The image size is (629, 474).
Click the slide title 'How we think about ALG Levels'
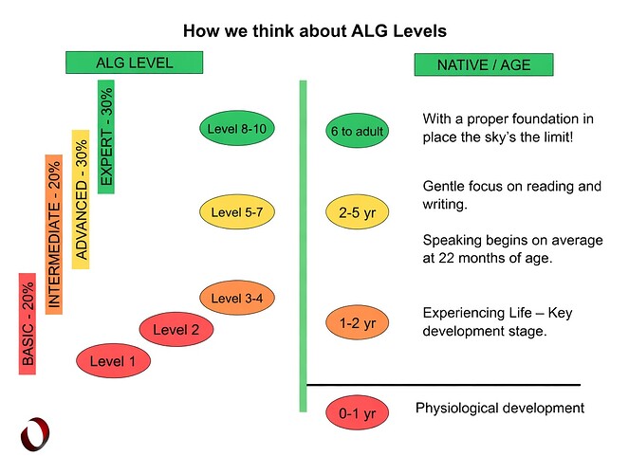tap(313, 30)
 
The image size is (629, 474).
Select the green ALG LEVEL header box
tap(135, 64)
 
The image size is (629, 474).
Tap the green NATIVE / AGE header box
tap(484, 65)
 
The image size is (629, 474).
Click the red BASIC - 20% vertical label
tap(28, 322)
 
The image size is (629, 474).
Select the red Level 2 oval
tap(176, 330)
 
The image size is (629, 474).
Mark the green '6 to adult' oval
tap(358, 131)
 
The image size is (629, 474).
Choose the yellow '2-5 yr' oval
tap(358, 213)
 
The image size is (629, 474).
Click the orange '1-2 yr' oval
tap(358, 323)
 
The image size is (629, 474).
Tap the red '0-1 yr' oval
tap(358, 412)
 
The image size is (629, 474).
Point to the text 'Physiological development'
tap(500, 409)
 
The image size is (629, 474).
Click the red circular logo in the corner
tap(36, 433)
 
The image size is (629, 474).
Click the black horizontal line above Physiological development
tap(443, 385)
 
